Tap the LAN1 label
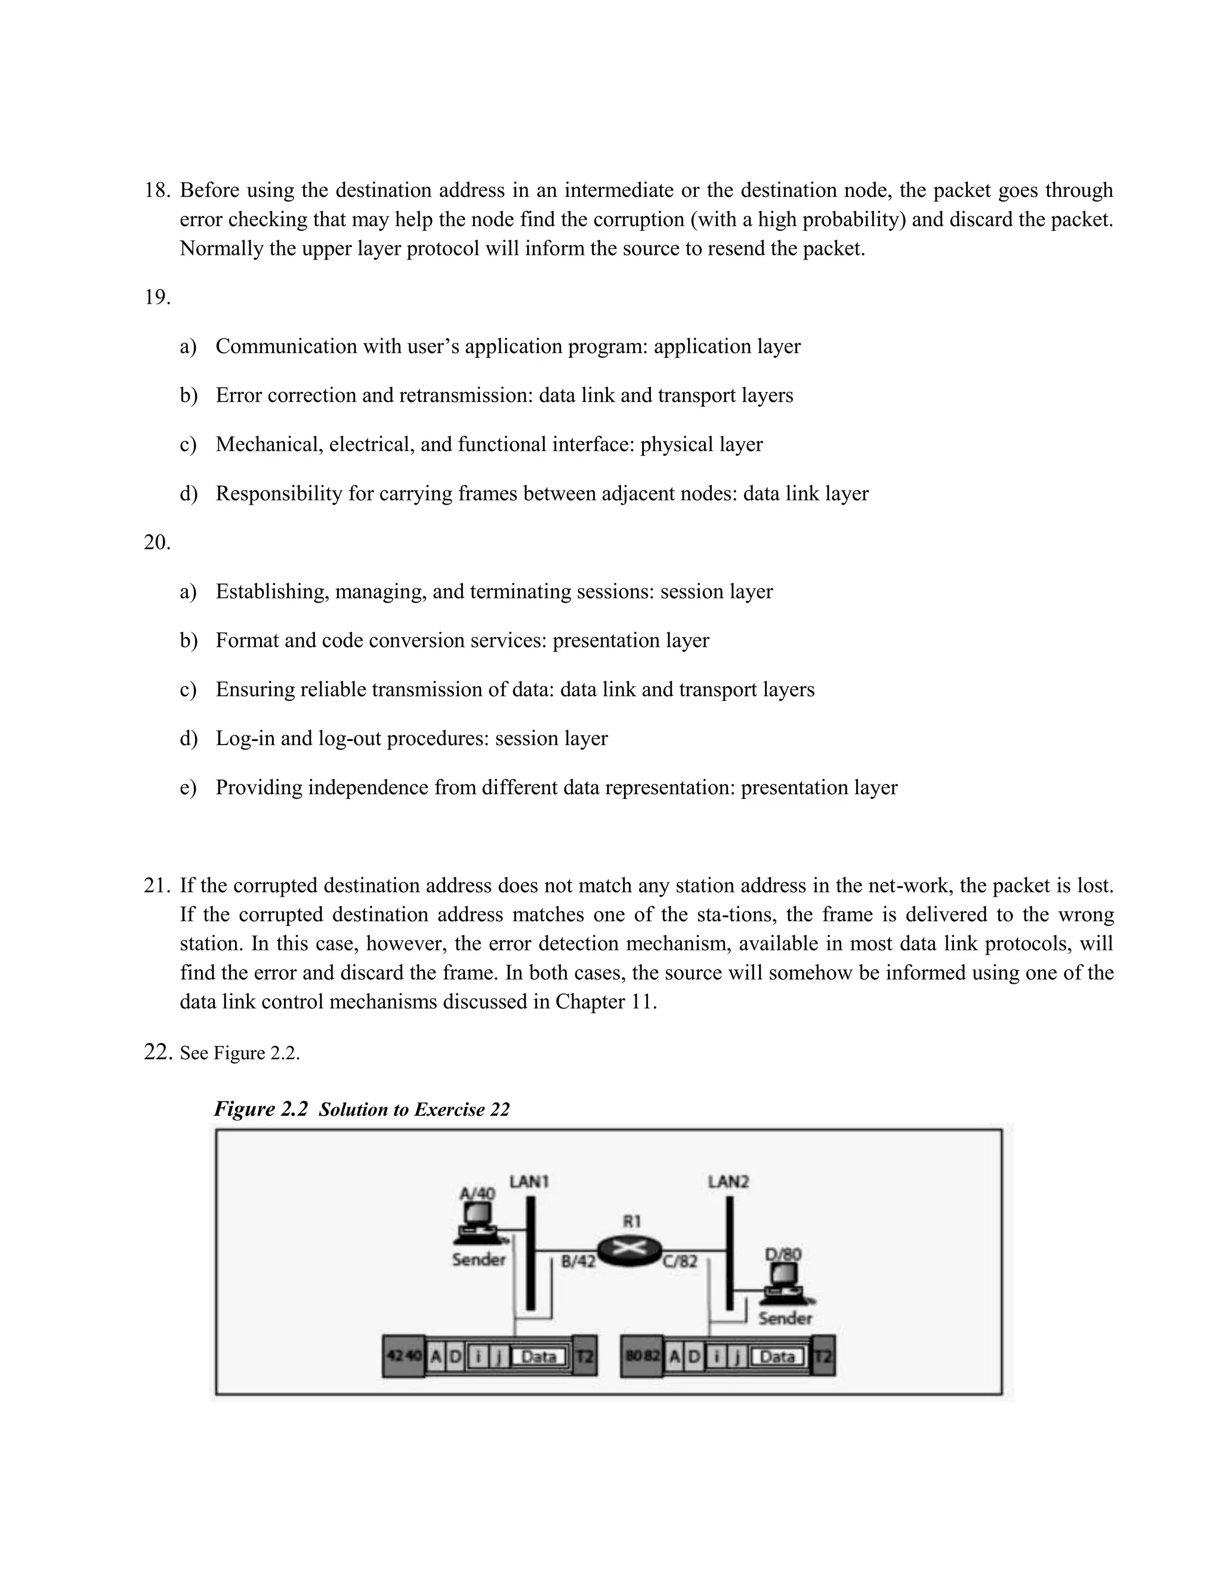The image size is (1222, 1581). click(529, 1181)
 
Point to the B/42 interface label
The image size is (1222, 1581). click(578, 1261)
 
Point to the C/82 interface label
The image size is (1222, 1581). click(680, 1261)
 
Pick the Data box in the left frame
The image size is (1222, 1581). click(539, 1356)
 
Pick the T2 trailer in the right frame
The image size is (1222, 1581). click(823, 1356)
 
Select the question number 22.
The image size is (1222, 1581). click(158, 1052)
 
